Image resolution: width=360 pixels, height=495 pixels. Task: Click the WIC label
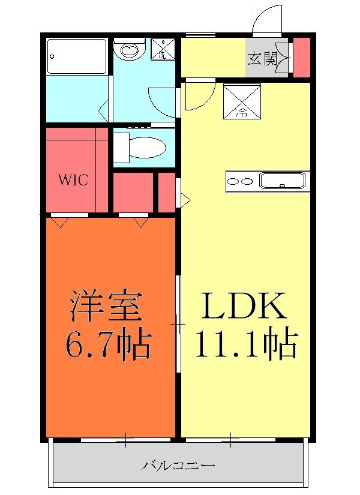point(74,180)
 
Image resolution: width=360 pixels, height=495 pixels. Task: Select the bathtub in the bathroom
point(76,56)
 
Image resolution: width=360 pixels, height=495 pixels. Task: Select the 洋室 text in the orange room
point(106,306)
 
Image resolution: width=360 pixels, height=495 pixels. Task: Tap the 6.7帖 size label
point(108,343)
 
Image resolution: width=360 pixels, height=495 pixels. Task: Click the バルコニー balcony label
point(178,465)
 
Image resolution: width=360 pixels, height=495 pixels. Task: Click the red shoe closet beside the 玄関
point(301,58)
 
